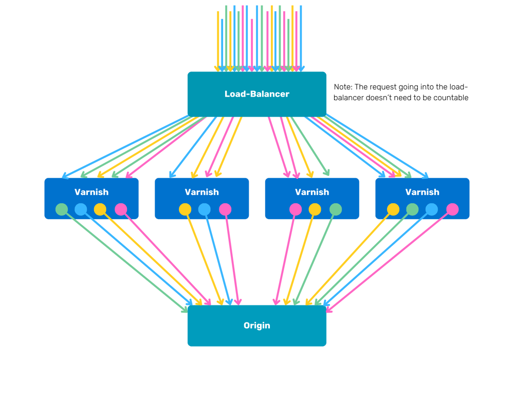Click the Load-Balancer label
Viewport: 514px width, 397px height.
coord(256,94)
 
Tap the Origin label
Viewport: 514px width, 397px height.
coord(256,326)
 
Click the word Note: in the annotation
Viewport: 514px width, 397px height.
coord(343,87)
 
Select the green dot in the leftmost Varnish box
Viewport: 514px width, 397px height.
coord(62,209)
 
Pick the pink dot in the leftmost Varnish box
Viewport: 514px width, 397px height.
coord(121,209)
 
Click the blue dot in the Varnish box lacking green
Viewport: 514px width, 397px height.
coord(205,209)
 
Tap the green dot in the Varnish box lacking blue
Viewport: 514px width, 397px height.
coord(336,209)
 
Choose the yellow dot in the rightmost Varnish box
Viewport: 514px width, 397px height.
coord(393,209)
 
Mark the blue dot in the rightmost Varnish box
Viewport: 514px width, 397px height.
coord(432,209)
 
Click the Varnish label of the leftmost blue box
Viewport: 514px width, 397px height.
coord(91,192)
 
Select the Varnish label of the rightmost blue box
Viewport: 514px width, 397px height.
coord(422,192)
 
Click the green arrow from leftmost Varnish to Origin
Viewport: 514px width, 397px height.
coord(123,260)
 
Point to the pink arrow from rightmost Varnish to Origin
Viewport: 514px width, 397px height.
coord(391,260)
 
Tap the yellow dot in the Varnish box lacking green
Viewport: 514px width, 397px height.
coord(185,209)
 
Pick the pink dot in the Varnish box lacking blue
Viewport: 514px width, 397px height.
coord(296,209)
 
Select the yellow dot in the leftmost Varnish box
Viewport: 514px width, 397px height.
coord(100,209)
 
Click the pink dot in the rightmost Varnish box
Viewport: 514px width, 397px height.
coord(452,209)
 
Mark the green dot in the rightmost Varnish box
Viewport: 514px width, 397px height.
coord(413,209)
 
